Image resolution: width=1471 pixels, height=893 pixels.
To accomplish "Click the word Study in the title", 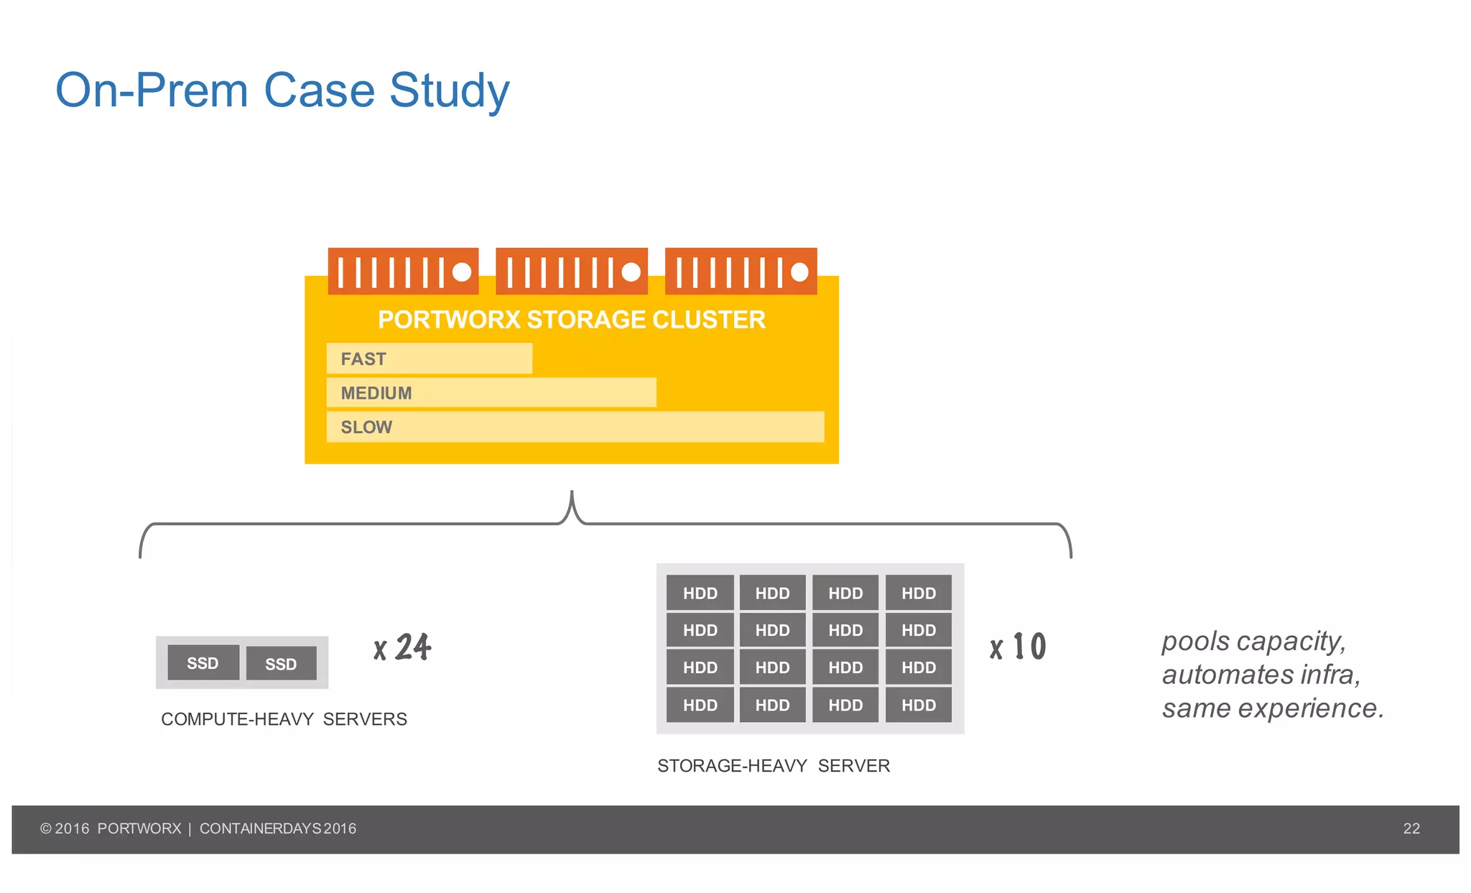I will tap(449, 91).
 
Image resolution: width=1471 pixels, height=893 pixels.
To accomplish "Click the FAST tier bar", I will tap(429, 358).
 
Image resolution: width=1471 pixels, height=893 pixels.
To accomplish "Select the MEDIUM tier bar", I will tap(491, 393).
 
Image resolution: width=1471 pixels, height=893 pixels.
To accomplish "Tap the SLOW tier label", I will tap(366, 427).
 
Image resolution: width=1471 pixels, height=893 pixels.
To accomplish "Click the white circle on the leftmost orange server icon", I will tap(462, 272).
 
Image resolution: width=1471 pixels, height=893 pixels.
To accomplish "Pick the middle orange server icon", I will tap(572, 272).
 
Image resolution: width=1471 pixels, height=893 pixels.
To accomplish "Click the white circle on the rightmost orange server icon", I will tap(799, 272).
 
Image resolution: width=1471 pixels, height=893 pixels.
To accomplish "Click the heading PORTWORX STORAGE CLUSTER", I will tap(572, 320).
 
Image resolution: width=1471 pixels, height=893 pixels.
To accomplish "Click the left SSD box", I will tap(203, 663).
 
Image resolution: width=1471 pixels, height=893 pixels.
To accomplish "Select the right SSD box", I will tap(281, 664).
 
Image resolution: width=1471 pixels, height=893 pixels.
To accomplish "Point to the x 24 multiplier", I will tap(402, 647).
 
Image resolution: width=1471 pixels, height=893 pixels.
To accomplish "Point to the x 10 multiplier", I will tap(1018, 647).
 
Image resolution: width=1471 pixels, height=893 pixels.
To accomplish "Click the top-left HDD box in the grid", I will tap(700, 593).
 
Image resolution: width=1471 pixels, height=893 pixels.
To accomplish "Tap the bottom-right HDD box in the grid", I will tap(919, 705).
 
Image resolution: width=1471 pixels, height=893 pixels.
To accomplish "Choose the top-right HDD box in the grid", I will tap(919, 593).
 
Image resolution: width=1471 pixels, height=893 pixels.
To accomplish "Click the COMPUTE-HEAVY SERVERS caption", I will tap(284, 719).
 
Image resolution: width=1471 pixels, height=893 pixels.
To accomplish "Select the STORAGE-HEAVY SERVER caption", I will tap(774, 766).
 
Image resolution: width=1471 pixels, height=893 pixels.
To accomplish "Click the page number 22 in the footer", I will tap(1411, 828).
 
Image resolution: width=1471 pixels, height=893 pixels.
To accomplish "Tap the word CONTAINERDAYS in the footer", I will tap(260, 828).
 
